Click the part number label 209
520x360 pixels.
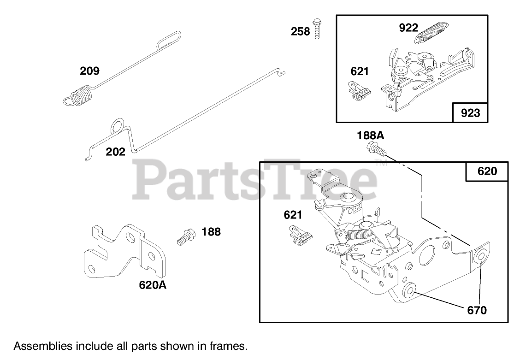tap(89, 71)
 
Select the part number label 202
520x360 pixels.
tap(115, 152)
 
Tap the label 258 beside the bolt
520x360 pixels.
tap(300, 32)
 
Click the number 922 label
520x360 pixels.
tap(408, 28)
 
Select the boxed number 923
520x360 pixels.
tap(470, 113)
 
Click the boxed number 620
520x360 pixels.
tap(487, 171)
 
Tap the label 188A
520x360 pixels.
tap(370, 136)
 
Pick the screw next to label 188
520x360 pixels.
tap(186, 237)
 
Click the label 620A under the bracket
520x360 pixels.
tap(153, 285)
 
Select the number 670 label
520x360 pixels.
tap(477, 310)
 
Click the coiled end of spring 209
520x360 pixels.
tap(79, 96)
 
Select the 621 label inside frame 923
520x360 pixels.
tap(360, 71)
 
